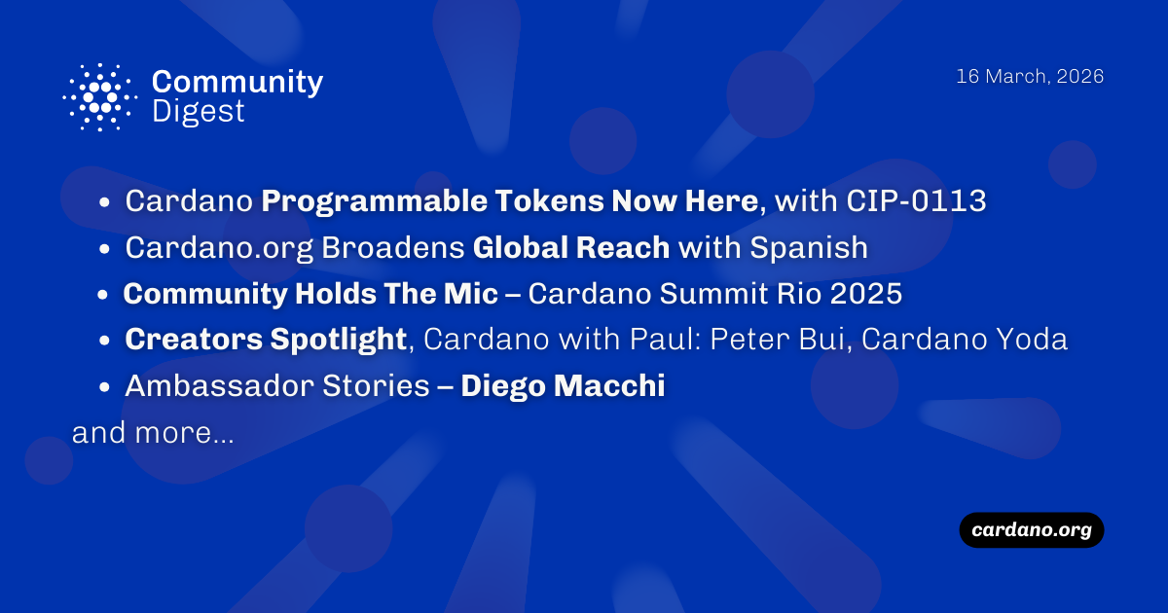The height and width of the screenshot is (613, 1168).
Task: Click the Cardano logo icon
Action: (97, 97)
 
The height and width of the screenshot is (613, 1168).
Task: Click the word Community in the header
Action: (237, 82)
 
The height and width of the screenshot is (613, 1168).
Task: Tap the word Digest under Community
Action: (199, 112)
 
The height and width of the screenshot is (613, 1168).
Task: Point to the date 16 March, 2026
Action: (1030, 77)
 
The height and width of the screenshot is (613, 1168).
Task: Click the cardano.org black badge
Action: (1032, 530)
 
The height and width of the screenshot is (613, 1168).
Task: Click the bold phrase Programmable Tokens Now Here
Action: (510, 201)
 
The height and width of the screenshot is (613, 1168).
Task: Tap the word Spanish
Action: (808, 248)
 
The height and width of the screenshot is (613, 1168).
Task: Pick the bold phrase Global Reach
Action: (571, 248)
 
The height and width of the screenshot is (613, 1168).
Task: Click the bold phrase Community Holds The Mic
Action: (310, 294)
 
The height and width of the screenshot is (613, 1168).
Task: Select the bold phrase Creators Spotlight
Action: (266, 340)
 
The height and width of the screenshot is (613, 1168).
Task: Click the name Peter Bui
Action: (778, 340)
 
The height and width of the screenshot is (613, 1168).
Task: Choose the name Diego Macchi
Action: (563, 386)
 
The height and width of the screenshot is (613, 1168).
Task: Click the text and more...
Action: (152, 433)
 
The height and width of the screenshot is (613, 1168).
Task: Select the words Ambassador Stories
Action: (276, 386)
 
